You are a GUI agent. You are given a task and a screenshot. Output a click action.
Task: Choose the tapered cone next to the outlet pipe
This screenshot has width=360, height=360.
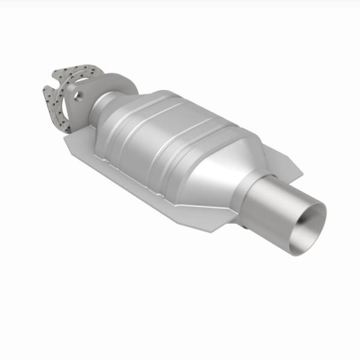(225, 162)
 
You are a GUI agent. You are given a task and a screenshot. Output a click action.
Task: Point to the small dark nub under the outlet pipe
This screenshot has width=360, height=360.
(245, 229)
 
